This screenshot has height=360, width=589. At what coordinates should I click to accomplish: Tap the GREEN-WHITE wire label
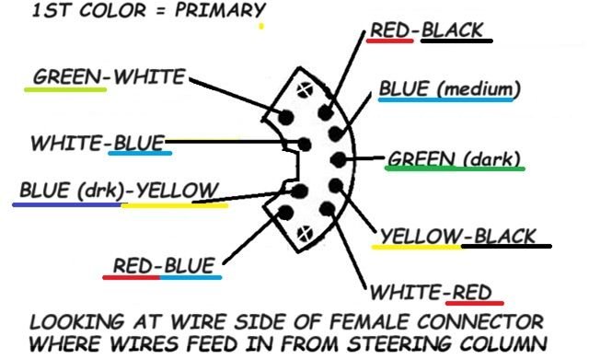(x=109, y=77)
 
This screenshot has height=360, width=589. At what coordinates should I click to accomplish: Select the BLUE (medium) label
(x=449, y=89)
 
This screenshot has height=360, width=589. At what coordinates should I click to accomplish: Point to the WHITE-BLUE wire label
(x=98, y=144)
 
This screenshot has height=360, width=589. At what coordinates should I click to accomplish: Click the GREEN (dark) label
(x=455, y=157)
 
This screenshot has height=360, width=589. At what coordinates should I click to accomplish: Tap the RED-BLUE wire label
(x=165, y=266)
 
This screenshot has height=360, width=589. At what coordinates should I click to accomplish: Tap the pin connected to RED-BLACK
(x=325, y=111)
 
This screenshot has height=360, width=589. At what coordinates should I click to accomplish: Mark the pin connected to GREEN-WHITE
(x=285, y=119)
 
